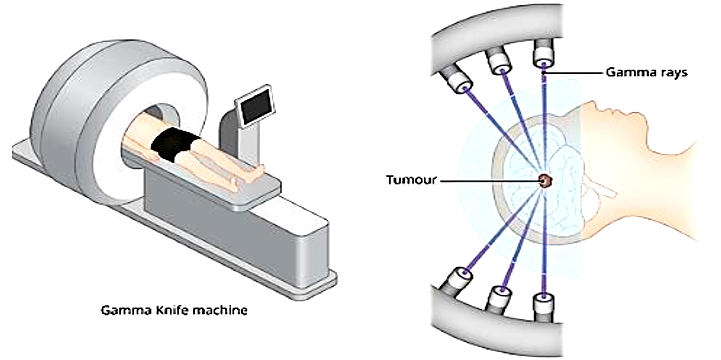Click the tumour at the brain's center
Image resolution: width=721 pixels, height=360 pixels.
[x=547, y=181]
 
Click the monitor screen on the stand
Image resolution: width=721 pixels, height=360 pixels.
[x=252, y=106]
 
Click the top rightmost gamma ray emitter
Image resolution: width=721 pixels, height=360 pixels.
[x=544, y=52]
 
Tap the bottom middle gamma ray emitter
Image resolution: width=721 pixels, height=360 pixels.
[x=500, y=300]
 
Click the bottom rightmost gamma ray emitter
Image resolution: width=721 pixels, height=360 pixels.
[x=543, y=307]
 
